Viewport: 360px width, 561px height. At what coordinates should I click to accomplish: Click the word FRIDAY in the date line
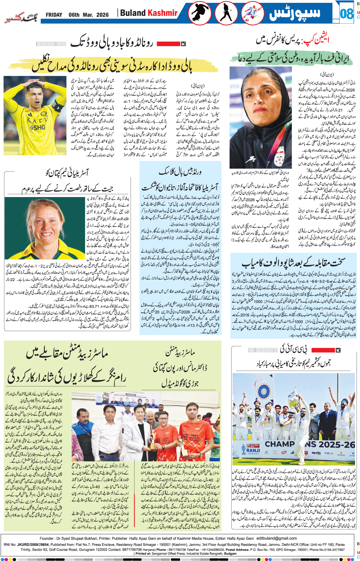click(x=54, y=15)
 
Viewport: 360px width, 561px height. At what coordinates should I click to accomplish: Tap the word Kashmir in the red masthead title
click(x=163, y=13)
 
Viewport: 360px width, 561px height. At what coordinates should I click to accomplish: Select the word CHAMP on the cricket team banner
click(x=280, y=444)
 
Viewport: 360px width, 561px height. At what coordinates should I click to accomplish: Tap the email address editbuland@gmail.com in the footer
click(x=277, y=538)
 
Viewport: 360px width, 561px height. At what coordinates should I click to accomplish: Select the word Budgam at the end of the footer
click(x=230, y=554)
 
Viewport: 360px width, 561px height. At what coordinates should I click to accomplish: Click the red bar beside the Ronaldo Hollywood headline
click(x=168, y=44)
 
